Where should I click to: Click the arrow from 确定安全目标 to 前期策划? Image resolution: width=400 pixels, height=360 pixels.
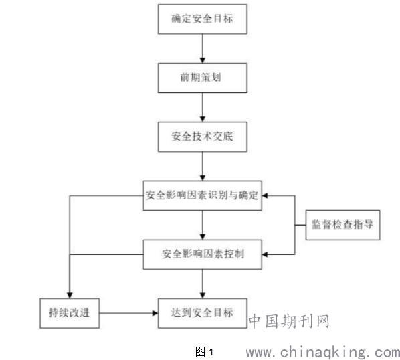(203, 48)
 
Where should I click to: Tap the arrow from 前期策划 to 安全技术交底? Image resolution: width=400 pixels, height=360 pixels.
(203, 108)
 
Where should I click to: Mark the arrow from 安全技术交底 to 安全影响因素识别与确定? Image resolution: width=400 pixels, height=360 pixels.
(203, 167)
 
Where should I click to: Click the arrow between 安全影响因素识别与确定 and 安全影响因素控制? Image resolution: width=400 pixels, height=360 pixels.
(203, 225)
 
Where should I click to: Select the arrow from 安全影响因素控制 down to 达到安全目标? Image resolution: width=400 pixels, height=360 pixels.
(203, 284)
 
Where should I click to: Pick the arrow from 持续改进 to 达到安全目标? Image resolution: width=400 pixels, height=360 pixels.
(128, 313)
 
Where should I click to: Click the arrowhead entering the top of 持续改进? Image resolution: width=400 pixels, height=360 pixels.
(70, 296)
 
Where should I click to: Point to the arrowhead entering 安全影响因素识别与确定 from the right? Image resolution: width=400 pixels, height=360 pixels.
(265, 195)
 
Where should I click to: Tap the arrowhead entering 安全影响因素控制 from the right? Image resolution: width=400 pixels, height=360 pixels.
(265, 254)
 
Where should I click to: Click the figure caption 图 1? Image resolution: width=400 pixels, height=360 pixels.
(205, 352)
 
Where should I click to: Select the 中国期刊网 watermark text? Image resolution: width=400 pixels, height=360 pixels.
(289, 321)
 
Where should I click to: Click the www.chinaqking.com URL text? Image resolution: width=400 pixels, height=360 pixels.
(323, 353)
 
